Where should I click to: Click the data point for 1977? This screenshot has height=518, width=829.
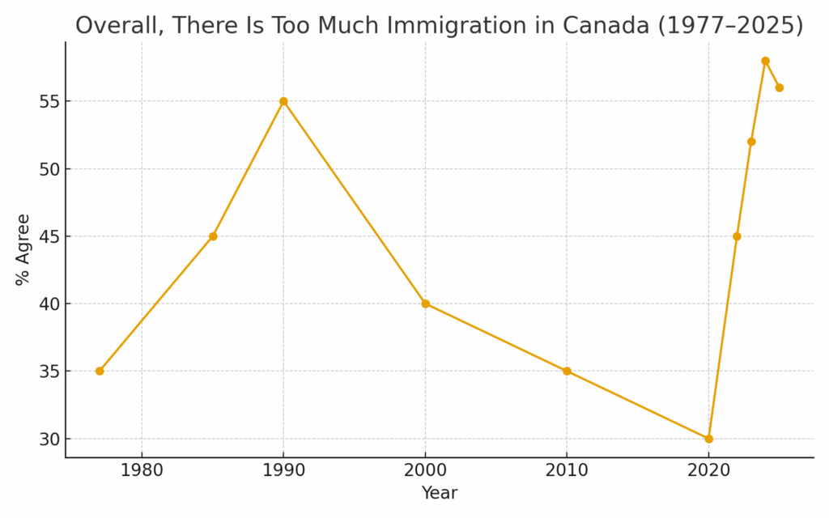100,372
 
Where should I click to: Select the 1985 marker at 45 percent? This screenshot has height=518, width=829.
213,236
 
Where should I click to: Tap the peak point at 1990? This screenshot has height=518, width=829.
283,101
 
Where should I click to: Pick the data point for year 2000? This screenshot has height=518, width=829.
425,304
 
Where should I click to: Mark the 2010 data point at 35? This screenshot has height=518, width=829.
567,372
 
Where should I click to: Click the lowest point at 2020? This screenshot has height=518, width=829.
708,439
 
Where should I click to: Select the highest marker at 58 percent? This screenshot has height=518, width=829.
765,61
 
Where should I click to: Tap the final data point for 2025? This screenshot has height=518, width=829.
779,87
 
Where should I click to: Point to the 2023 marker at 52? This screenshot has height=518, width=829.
751,142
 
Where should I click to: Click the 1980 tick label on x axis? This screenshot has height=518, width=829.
142,470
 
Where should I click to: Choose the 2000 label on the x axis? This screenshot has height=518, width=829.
425,470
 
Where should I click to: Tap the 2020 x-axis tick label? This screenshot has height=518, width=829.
708,470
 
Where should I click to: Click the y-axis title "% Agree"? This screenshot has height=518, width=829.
23,249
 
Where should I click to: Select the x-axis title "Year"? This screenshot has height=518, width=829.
440,493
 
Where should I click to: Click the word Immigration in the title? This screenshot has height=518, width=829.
442,26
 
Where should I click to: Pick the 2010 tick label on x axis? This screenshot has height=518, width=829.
567,470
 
